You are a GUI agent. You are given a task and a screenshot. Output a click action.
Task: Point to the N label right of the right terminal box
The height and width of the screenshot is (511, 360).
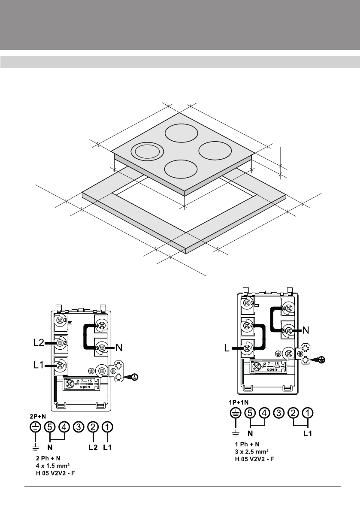click(x=306, y=331)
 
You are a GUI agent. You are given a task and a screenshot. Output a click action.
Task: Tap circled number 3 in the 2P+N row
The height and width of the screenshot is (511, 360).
click(x=79, y=427)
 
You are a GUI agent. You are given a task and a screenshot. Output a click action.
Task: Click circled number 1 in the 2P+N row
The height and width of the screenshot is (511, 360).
click(x=108, y=427)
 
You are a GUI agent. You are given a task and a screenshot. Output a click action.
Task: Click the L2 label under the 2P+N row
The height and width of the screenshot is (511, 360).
click(x=93, y=447)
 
